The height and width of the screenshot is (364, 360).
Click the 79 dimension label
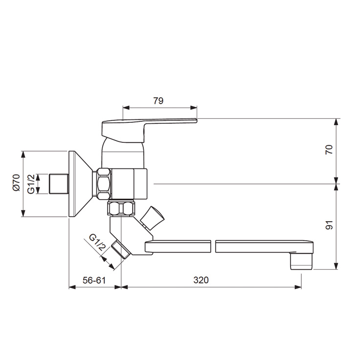pos(158,101)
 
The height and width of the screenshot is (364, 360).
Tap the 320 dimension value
pos(201,280)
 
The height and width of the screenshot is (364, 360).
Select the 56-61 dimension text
pos(94,280)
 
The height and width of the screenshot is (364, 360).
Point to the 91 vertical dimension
pos(329,225)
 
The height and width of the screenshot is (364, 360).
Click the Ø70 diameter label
pos(17,182)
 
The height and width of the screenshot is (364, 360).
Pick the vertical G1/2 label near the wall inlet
pos(31,184)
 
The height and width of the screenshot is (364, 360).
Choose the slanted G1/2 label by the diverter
pos(97,242)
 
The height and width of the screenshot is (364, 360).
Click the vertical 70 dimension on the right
pos(329,149)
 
